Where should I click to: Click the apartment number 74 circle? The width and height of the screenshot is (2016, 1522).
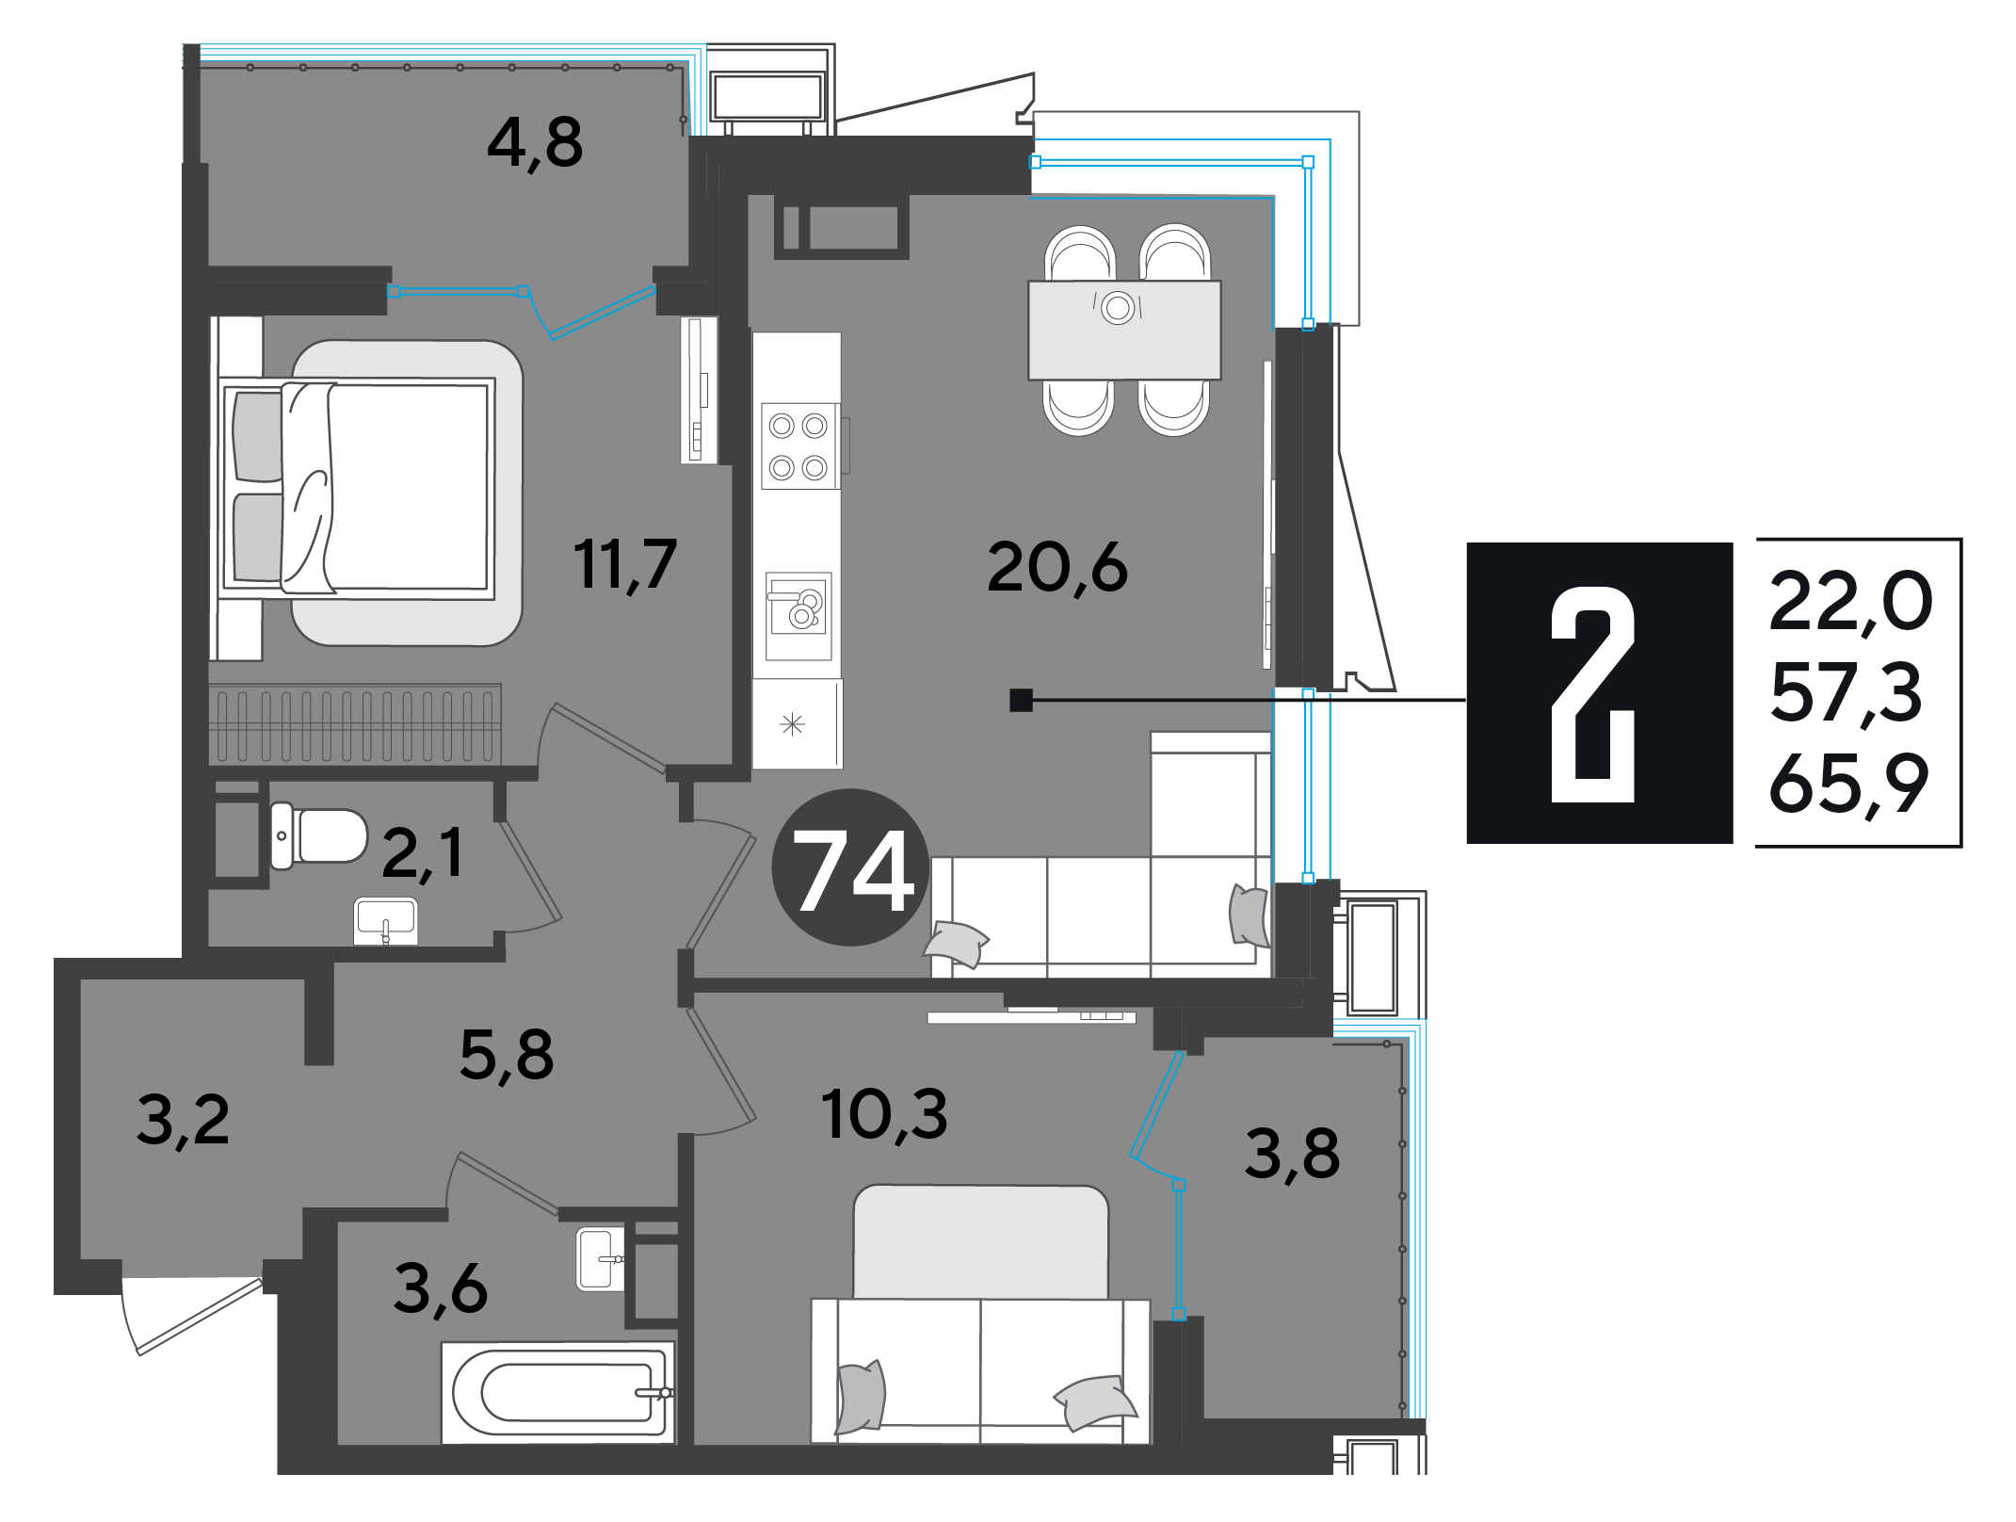pos(851,867)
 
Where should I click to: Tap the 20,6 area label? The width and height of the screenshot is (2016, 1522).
pos(1056,568)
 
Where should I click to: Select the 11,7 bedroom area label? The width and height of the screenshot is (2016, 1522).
pos(625,564)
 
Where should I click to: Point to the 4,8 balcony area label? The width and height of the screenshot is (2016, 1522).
pos(535,143)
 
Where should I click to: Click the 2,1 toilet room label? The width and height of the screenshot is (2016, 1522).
pos(423,852)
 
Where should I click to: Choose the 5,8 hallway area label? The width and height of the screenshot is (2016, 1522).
pos(507,1054)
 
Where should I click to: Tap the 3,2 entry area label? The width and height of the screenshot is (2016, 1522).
pos(183,1120)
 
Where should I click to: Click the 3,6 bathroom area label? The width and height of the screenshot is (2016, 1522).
pos(441,1288)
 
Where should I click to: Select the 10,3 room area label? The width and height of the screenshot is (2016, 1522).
pos(884,1114)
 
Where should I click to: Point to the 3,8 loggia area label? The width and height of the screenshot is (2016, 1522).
pos(1292,1154)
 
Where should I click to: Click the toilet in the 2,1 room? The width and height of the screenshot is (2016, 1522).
pos(318,835)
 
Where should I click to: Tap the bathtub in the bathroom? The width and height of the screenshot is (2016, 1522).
pos(558,1392)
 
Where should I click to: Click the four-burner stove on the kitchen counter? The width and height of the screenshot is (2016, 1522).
pos(799,446)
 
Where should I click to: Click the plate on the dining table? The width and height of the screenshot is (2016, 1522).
pos(1118,307)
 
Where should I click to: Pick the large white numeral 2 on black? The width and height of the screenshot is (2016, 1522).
pos(1594,694)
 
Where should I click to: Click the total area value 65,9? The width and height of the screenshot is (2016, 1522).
pos(1848,785)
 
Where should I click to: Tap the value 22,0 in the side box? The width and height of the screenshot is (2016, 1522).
pos(1850,601)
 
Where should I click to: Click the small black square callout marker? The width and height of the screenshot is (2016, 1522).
pos(1021,700)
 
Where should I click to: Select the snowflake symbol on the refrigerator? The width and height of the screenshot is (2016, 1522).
pos(793,724)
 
